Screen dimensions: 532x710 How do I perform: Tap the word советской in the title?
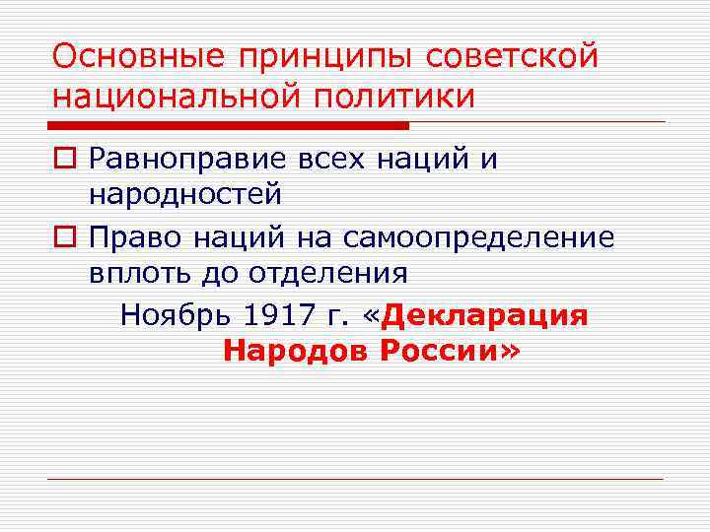click(512, 57)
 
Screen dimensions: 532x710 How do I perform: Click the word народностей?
click(185, 195)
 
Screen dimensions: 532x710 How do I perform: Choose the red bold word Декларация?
click(484, 315)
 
